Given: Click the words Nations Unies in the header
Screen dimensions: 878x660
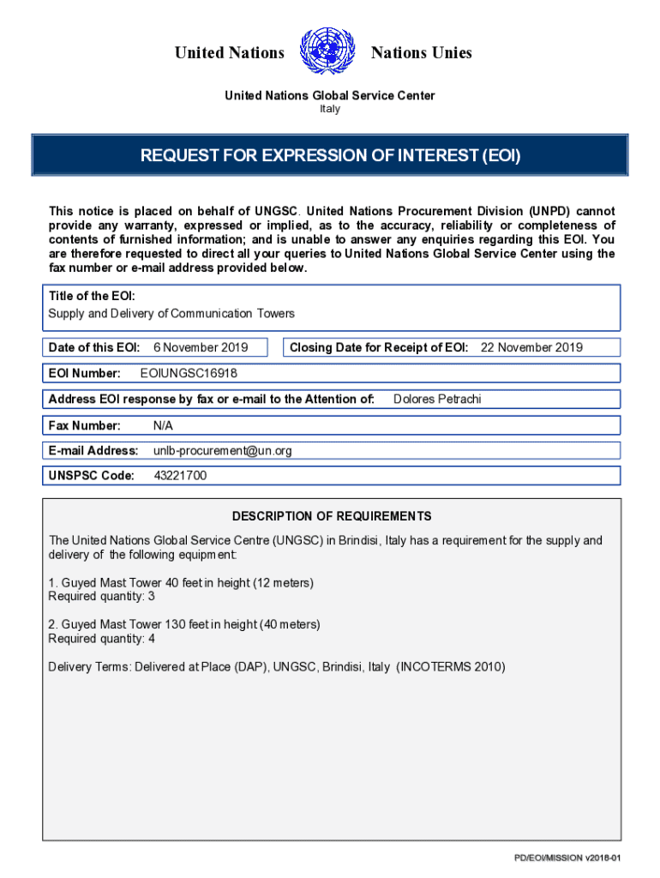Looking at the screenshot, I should (421, 53).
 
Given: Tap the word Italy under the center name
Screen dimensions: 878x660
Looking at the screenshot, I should (330, 109).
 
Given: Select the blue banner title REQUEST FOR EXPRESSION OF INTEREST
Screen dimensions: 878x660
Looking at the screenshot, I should (330, 156).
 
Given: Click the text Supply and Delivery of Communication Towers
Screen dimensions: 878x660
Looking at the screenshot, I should (171, 314).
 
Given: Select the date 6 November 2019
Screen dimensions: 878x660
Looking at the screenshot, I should (201, 347).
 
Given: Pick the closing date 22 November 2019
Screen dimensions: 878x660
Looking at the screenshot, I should (531, 347).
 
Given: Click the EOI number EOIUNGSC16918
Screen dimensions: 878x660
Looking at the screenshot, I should (189, 373).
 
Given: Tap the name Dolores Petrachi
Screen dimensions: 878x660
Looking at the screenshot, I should (437, 399).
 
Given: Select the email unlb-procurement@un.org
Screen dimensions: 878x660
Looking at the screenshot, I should (222, 450).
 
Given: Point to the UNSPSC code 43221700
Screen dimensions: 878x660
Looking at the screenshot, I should (180, 476).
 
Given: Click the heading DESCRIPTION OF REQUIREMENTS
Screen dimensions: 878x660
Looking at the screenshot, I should (332, 516).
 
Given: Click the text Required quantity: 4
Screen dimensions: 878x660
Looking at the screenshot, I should (101, 639).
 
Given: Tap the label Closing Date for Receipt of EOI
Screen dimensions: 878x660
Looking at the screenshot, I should (379, 347).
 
